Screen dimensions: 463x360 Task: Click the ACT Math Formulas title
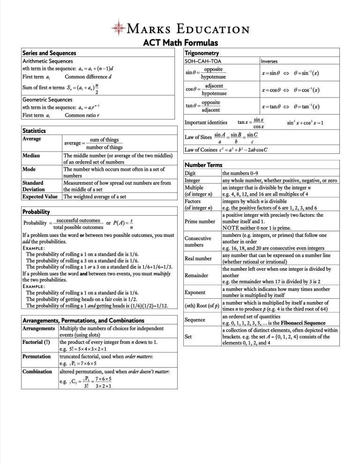tap(180, 43)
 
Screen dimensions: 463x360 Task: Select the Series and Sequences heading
tap(49, 53)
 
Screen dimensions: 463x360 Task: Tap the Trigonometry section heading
tap(202, 53)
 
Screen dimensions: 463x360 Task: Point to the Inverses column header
tap(271, 61)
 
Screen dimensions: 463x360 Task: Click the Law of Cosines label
tap(201, 150)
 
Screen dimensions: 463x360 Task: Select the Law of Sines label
tap(198, 137)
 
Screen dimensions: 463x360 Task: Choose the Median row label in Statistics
tap(31, 155)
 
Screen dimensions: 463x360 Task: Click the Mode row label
tap(29, 169)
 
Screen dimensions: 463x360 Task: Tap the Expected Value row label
tap(40, 197)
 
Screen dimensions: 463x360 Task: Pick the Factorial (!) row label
tap(36, 342)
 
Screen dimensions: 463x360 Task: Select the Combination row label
tap(37, 371)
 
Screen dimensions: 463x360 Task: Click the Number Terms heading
tap(203, 165)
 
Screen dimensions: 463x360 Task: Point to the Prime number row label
tap(200, 220)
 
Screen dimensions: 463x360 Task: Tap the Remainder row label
tap(196, 275)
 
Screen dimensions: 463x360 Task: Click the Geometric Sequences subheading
tap(47, 99)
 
